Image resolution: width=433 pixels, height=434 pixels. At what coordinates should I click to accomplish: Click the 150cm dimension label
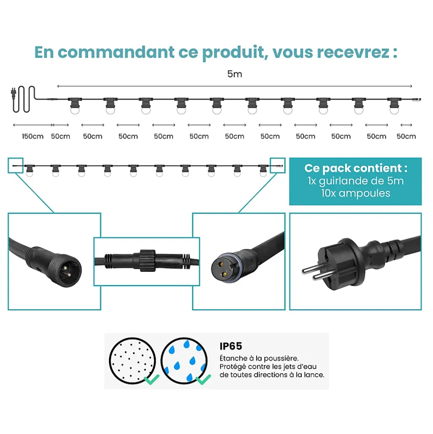point(33,136)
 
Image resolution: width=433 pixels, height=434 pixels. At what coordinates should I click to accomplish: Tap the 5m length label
point(234,74)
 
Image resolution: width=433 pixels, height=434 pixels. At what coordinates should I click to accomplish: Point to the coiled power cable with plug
point(24,99)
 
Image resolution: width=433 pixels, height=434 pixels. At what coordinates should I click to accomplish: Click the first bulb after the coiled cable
point(75,105)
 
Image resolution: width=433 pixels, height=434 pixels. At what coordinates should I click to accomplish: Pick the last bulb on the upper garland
point(394,105)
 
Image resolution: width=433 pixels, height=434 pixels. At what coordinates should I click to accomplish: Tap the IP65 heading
point(231,346)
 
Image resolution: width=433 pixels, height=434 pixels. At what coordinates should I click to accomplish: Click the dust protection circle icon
point(133,361)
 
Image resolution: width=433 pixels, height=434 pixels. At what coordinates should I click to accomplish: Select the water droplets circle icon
point(184,361)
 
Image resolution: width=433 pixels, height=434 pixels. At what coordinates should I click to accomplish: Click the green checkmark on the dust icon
point(152,379)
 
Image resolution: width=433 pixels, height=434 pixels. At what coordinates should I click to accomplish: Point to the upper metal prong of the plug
point(311,269)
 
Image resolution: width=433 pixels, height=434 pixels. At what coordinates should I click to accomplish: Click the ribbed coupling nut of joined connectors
point(147,260)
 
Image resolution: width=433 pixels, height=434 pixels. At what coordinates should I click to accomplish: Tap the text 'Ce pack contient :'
point(356,169)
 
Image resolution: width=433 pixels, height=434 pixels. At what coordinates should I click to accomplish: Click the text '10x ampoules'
point(356,193)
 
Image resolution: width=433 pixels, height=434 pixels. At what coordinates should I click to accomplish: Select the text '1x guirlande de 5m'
point(356,181)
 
